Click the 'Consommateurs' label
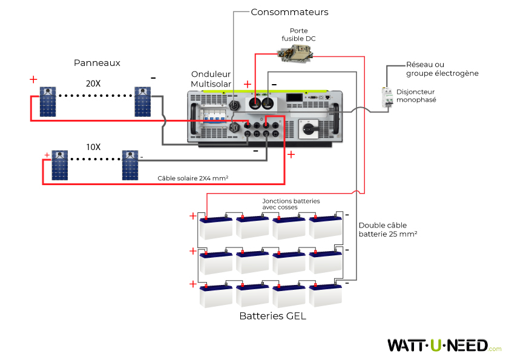click(289, 11)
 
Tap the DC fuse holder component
click(295, 55)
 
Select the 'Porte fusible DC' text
click(298, 34)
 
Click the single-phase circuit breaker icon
click(386, 98)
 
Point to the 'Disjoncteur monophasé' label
click(416, 96)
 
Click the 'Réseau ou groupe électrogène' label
click(442, 69)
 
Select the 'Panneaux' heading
click(97, 63)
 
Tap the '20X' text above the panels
click(93, 84)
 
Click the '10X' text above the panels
click(93, 147)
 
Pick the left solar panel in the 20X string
click(48, 102)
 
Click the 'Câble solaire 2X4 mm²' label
click(192, 178)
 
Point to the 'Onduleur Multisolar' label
click(211, 79)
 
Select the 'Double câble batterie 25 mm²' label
click(387, 229)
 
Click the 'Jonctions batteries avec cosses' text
click(291, 204)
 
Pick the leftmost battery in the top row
click(216, 227)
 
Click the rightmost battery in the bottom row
click(326, 295)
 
